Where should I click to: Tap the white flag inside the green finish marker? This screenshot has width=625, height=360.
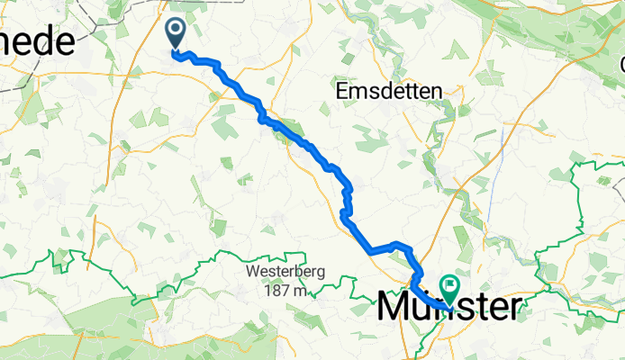pos(448,286)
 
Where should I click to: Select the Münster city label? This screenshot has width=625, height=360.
pos(448,307)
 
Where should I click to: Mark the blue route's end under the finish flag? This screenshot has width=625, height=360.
pos(448,309)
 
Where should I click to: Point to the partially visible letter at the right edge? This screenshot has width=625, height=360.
pos(621,65)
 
